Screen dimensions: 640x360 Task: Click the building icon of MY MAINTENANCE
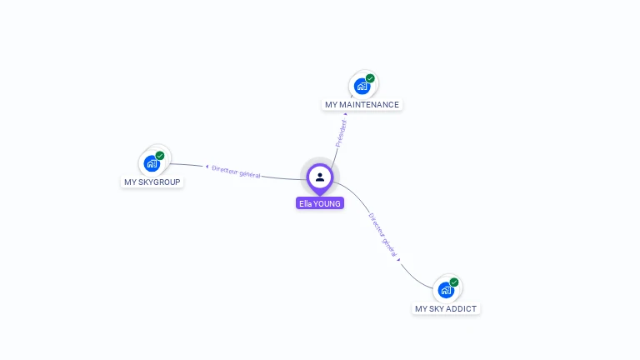[362, 86]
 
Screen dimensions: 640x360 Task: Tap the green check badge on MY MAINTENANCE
[370, 78]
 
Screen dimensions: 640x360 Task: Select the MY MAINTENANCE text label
[362, 105]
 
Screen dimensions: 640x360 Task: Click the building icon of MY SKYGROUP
[152, 162]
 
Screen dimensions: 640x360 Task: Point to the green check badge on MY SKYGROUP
[160, 155]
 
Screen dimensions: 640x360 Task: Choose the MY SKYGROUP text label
[152, 182]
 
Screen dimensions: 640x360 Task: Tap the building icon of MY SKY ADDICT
[446, 290]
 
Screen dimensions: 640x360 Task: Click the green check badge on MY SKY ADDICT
[454, 282]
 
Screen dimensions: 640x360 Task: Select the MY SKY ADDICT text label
[446, 309]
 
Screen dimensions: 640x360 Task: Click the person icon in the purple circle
[320, 177]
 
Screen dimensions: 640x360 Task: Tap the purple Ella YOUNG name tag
[320, 203]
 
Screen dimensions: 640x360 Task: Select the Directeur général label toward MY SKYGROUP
[236, 171]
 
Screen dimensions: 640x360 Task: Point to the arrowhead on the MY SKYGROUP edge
[207, 167]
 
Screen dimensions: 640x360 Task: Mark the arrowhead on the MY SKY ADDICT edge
[399, 259]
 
